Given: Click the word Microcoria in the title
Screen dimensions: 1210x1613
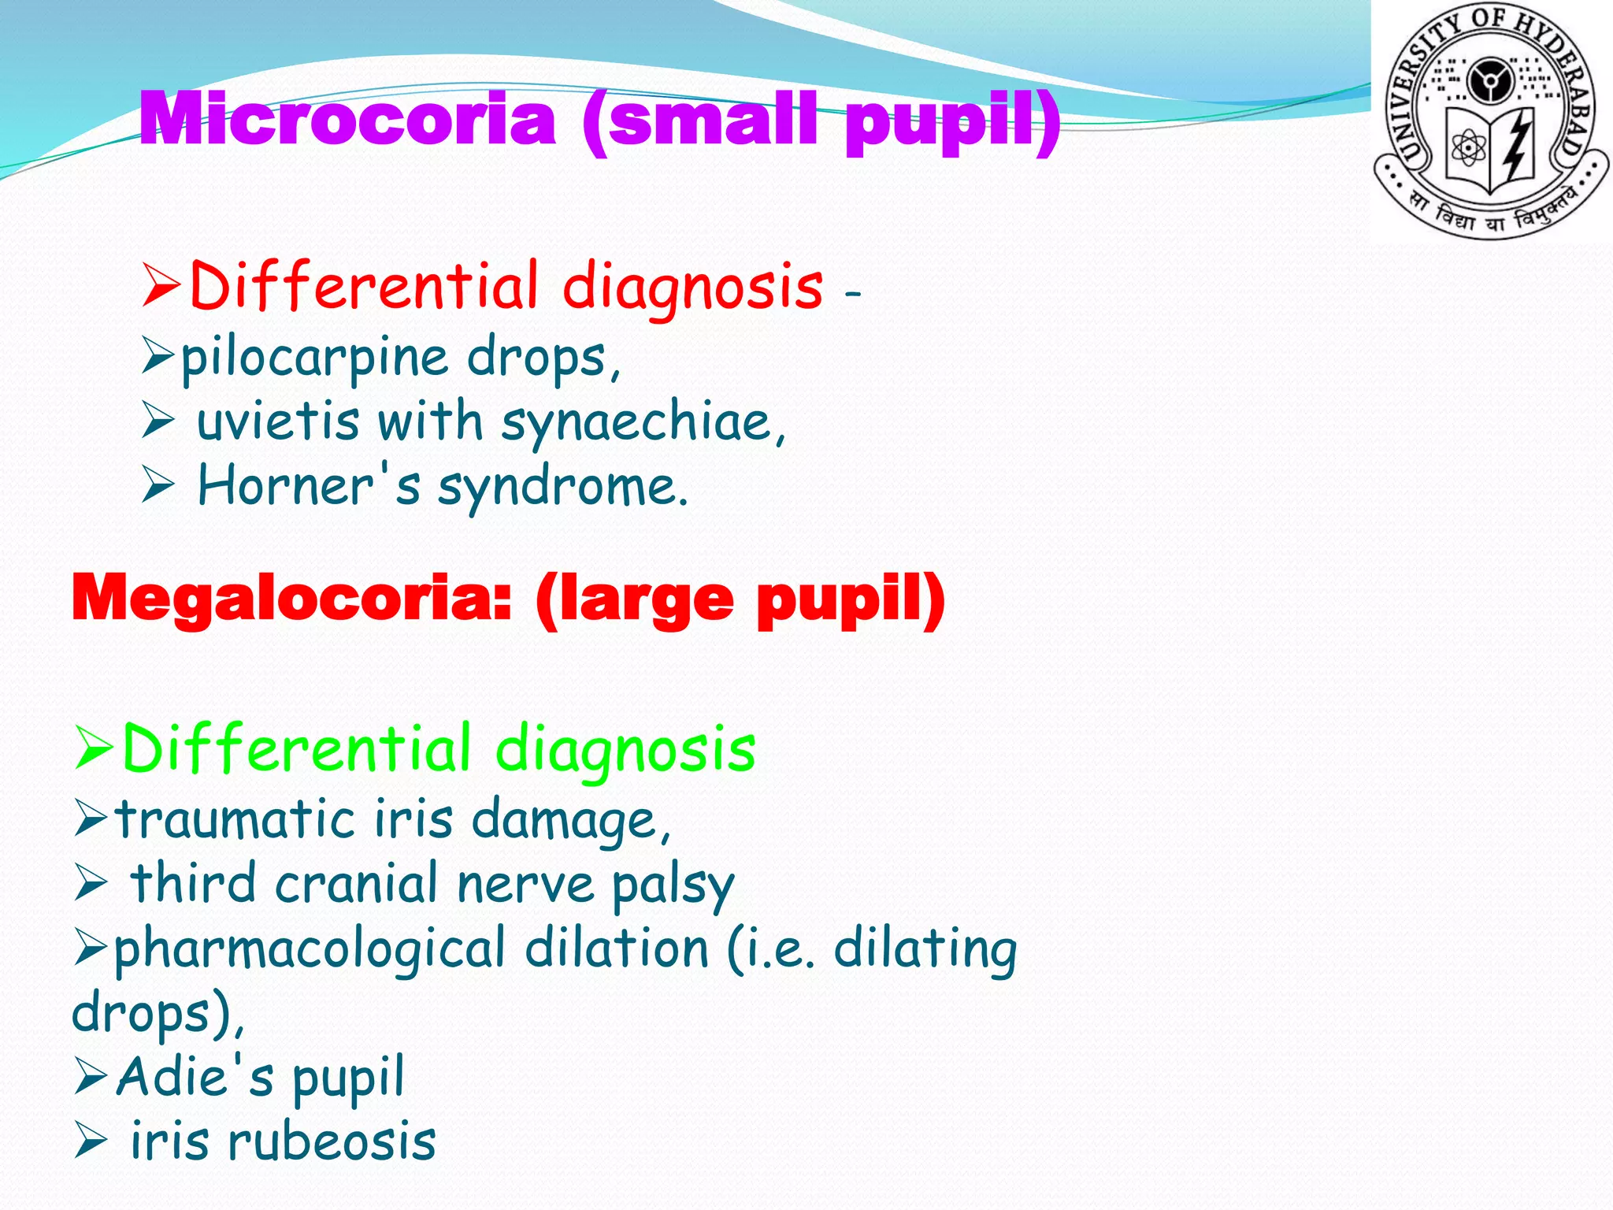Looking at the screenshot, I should [347, 120].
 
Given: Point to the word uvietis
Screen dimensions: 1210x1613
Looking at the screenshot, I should [277, 422].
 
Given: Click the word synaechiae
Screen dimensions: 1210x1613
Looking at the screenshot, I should [642, 424].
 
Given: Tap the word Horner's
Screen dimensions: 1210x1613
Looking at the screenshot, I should [309, 486].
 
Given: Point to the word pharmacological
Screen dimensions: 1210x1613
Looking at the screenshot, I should [310, 950].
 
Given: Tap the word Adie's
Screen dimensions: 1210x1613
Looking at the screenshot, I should [195, 1076].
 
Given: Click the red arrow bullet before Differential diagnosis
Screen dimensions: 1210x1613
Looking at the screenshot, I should [161, 287].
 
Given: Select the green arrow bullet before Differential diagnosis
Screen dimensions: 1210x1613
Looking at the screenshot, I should [94, 749].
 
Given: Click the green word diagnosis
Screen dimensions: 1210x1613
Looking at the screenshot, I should [625, 751].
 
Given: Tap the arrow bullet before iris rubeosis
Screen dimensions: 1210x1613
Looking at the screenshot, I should [91, 1142].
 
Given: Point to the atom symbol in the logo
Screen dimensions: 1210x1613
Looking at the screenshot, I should [1468, 147].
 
